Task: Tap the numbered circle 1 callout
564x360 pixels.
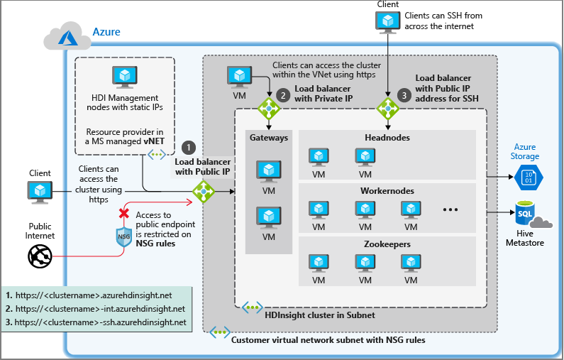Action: pos(188,147)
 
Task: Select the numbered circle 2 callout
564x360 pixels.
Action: pos(283,94)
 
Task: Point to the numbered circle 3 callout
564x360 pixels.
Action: pos(404,94)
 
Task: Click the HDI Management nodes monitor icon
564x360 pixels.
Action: pos(124,76)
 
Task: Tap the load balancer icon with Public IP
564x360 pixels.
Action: pos(204,190)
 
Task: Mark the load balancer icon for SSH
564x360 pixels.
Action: pos(387,109)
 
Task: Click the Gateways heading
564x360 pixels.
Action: pos(268,138)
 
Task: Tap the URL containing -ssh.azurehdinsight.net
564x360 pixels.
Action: pos(96,322)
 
